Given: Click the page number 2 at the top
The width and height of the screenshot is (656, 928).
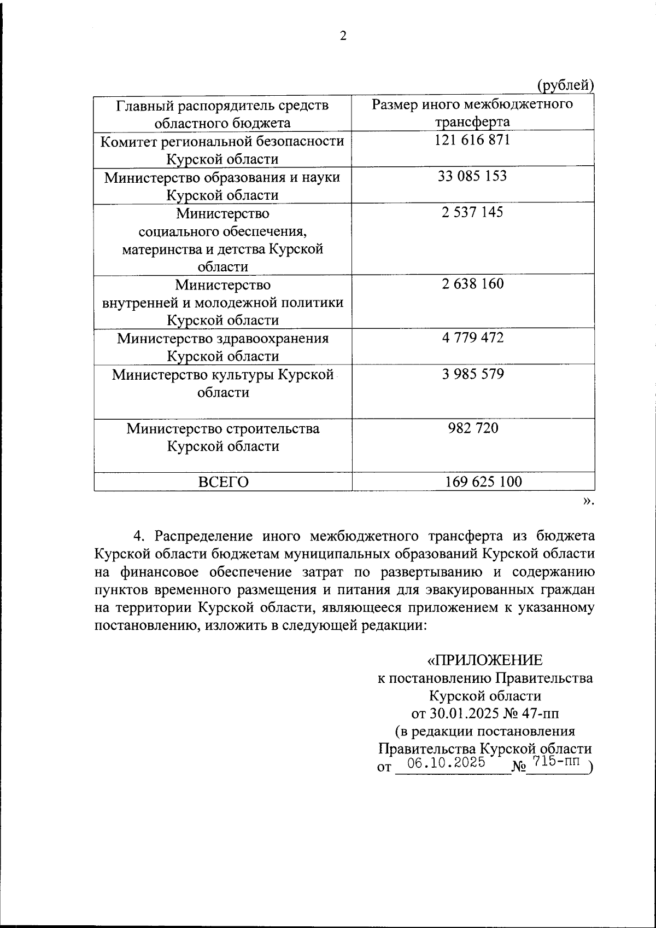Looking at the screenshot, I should point(343,36).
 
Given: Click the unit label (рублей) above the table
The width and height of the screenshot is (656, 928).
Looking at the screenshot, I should point(565,85).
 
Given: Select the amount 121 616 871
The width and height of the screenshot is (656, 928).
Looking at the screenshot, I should point(472,140).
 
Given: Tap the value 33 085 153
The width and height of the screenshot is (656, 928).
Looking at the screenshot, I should point(472,176).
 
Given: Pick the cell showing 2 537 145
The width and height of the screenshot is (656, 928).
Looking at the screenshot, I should point(472,212).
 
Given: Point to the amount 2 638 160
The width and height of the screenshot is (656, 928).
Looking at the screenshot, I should point(472,283).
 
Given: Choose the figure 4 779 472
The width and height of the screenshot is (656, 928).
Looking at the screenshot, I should point(472,337).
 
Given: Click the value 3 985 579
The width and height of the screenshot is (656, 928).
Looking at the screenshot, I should point(472,374).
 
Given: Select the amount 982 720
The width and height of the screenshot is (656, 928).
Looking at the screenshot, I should point(472,427).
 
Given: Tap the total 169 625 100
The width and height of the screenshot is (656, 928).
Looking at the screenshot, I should point(483,482).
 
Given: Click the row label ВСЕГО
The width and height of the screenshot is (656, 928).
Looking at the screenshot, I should point(223,482).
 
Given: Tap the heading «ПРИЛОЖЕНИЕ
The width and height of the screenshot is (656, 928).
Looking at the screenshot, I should point(485,660).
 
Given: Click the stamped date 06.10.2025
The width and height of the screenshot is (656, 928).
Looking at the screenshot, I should point(446,763).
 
